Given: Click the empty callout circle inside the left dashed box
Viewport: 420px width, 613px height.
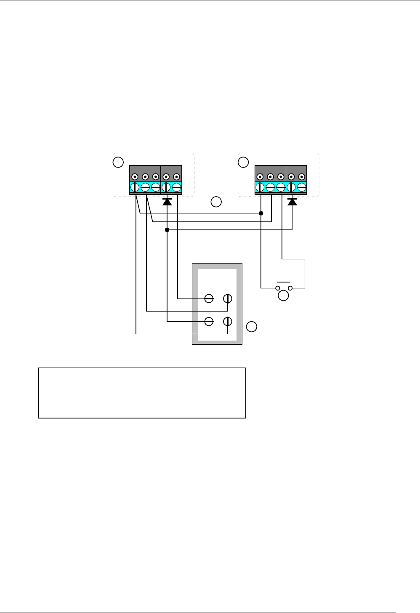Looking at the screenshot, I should click(x=119, y=162).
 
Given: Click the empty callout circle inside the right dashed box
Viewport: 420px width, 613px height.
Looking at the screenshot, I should click(x=243, y=162).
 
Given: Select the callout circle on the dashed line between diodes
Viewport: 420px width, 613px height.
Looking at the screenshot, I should click(x=216, y=202).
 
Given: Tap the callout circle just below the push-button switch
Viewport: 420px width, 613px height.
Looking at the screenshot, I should click(x=284, y=296).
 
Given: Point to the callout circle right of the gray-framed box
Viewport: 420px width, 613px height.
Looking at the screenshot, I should click(x=251, y=326).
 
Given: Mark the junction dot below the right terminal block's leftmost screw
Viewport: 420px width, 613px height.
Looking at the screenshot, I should click(x=261, y=213).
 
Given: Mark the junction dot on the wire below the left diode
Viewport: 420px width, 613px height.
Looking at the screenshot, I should click(x=167, y=230).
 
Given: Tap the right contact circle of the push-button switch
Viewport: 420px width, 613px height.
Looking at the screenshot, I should click(x=290, y=288).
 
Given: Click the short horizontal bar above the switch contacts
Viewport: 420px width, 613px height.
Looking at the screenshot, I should click(x=284, y=282).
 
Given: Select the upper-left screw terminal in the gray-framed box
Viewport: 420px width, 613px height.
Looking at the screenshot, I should click(x=209, y=299).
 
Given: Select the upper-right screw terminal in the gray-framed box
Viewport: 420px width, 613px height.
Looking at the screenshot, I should click(x=228, y=299).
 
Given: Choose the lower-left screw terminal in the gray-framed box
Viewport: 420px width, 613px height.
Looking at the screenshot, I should click(x=209, y=322).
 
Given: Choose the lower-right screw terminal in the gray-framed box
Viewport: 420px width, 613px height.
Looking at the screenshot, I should click(x=228, y=322).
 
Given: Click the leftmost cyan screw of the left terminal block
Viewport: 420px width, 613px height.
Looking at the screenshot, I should click(x=135, y=187).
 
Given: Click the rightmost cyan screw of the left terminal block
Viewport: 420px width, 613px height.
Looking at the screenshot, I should click(x=176, y=187).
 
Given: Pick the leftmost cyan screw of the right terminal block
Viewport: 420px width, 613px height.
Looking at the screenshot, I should click(x=260, y=187).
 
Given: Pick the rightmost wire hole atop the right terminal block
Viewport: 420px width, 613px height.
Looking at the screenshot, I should click(x=301, y=177).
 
